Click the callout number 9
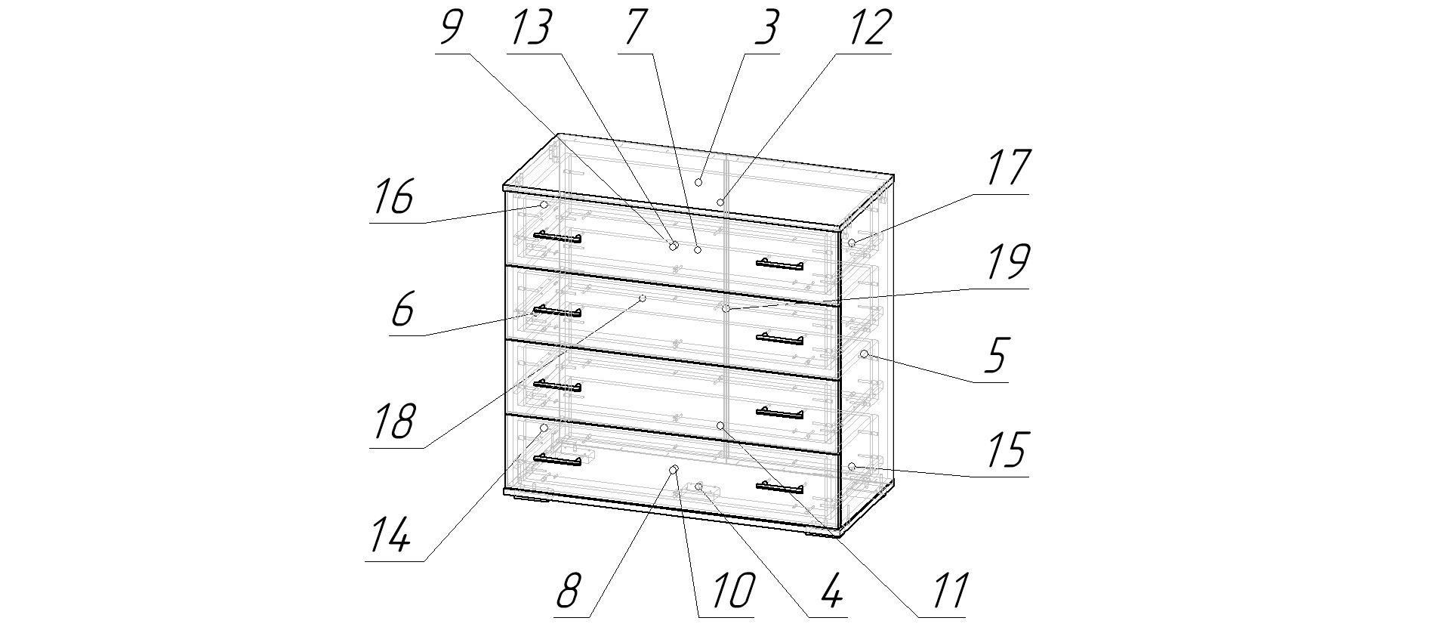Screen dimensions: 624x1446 452,29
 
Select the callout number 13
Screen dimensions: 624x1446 530,29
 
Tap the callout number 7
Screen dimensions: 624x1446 634,29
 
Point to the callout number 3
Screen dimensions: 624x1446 765,29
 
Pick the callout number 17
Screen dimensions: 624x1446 1007,168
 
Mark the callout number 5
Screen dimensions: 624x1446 995,356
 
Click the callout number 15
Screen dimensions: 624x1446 1007,450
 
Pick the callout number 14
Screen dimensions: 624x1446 390,535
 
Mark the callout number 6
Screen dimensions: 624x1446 402,310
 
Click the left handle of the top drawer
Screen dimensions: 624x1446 557,238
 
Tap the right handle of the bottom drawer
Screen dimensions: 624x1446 779,487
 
